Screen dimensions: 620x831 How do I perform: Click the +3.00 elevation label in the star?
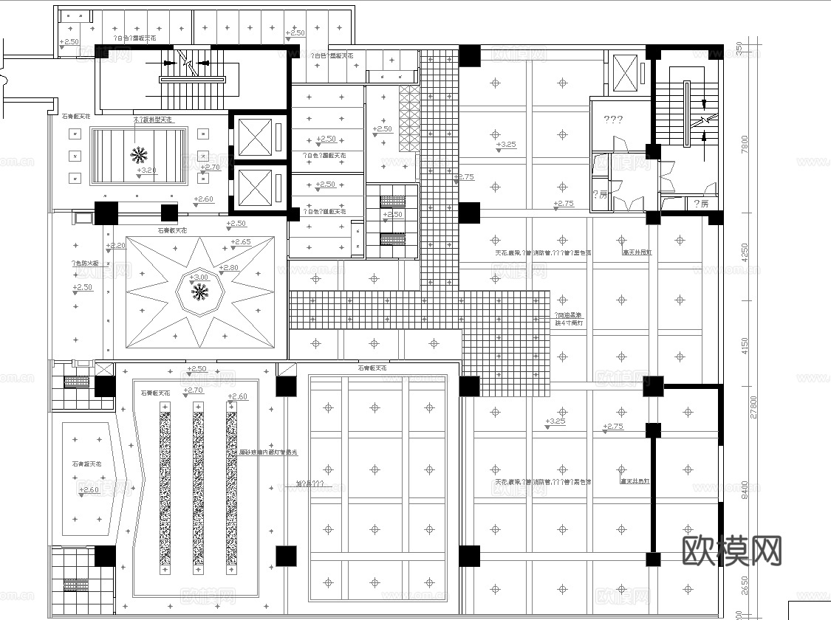(199, 278)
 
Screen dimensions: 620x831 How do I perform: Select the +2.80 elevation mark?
(230, 267)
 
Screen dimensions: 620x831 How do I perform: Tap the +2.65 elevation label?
(240, 242)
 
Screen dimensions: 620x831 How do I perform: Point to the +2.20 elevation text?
(116, 246)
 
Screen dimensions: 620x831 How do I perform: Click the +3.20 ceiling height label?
(147, 170)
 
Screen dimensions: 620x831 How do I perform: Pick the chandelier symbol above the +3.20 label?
(138, 154)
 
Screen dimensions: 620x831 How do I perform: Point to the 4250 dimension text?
(745, 252)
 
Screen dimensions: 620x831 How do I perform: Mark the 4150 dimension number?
(745, 345)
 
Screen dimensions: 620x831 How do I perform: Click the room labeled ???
(613, 120)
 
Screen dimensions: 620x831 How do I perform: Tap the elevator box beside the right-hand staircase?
(625, 72)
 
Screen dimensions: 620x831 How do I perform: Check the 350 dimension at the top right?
(745, 48)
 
